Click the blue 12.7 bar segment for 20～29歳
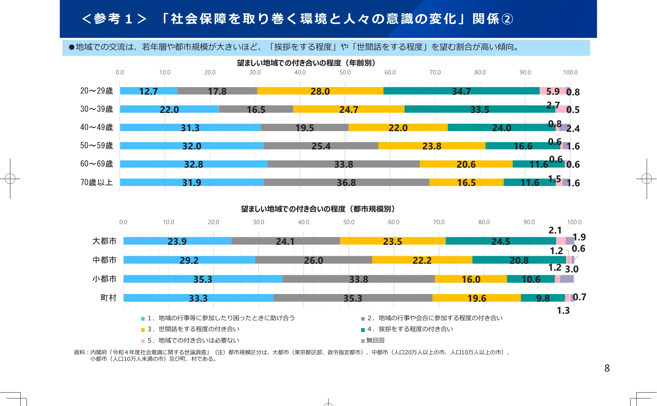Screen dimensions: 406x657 click(x=148, y=91)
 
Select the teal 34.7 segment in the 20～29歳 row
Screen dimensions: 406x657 click(x=461, y=91)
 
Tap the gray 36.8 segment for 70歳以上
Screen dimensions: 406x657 click(x=346, y=183)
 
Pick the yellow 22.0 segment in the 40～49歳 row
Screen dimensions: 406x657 click(x=398, y=128)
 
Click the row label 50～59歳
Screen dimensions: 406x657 click(x=96, y=146)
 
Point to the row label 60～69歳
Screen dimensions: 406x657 click(x=96, y=164)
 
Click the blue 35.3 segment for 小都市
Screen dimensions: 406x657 click(x=202, y=279)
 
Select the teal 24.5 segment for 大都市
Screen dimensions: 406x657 click(x=500, y=241)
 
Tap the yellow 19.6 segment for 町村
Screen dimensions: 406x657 click(x=477, y=298)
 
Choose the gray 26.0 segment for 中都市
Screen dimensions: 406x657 click(x=313, y=260)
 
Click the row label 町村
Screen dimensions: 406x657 click(x=108, y=298)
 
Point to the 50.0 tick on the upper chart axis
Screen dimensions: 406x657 click(x=345, y=72)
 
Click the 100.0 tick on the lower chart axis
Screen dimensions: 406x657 click(x=574, y=222)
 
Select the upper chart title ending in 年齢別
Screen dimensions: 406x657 click(x=306, y=63)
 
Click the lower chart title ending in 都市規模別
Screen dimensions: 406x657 click(x=318, y=209)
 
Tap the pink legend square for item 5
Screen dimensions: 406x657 click(x=143, y=341)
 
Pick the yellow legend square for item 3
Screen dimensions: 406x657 click(x=143, y=330)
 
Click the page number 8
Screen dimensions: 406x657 click(x=607, y=368)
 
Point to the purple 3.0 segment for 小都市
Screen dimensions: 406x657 click(x=567, y=279)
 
